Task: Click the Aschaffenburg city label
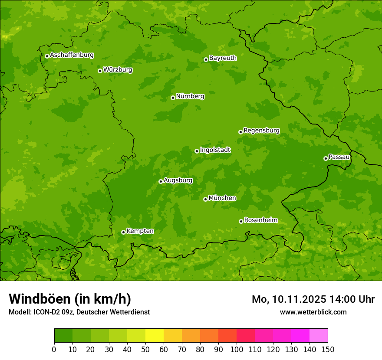(x=72, y=55)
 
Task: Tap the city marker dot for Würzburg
(x=100, y=71)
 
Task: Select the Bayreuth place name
(x=223, y=58)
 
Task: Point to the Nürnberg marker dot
(x=173, y=98)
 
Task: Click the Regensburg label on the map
(x=261, y=130)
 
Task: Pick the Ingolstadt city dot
(x=197, y=151)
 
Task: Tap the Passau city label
(x=339, y=157)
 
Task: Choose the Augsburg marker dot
(x=161, y=181)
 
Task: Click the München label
(x=222, y=198)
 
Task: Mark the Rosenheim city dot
(x=241, y=221)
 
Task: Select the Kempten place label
(x=140, y=231)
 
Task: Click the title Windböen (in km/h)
(x=69, y=299)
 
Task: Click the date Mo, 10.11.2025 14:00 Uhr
(x=313, y=299)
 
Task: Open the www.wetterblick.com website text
(x=313, y=312)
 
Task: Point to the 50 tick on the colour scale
(x=145, y=350)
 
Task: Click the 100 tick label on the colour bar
(x=237, y=350)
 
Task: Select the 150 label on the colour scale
(x=328, y=350)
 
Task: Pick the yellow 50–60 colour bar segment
(x=155, y=336)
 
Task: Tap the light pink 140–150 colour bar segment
(x=319, y=336)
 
